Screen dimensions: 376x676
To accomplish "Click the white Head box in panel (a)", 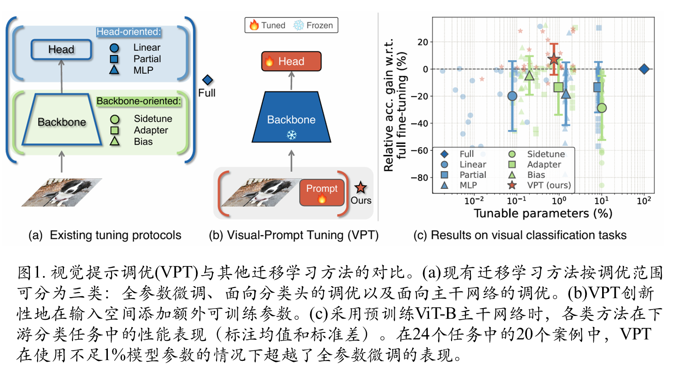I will coord(61,50).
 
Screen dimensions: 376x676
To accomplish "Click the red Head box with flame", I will coord(291,61).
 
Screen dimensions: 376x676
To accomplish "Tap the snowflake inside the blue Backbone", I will coord(291,135).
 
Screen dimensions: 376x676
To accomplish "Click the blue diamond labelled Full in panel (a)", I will coord(207,80).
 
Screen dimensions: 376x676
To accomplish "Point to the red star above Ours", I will coord(361,187).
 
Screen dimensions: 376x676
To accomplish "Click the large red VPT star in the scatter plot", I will coord(554,59).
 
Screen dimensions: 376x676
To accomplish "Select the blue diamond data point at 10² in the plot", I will coord(644,69).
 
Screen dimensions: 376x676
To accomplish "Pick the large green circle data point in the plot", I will coord(602,108).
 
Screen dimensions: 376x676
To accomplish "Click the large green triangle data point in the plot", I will coord(530,76).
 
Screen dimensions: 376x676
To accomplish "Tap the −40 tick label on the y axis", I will coord(419,123).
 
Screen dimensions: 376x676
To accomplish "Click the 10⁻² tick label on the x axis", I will coord(474,200).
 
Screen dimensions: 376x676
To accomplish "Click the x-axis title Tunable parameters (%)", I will coord(542,214).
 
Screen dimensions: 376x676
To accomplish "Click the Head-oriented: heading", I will coord(128,32).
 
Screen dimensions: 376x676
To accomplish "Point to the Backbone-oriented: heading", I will coord(139,101).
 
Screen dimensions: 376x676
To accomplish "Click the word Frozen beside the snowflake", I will coord(319,25).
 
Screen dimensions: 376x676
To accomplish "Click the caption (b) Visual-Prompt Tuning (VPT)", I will coord(294,235).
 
